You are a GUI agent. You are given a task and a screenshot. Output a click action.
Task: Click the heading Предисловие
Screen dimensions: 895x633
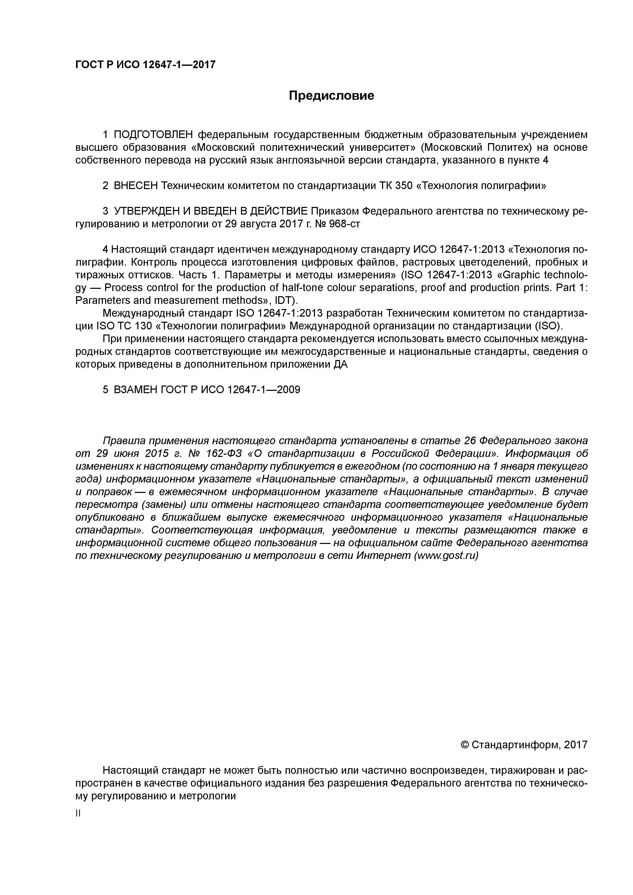331,95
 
